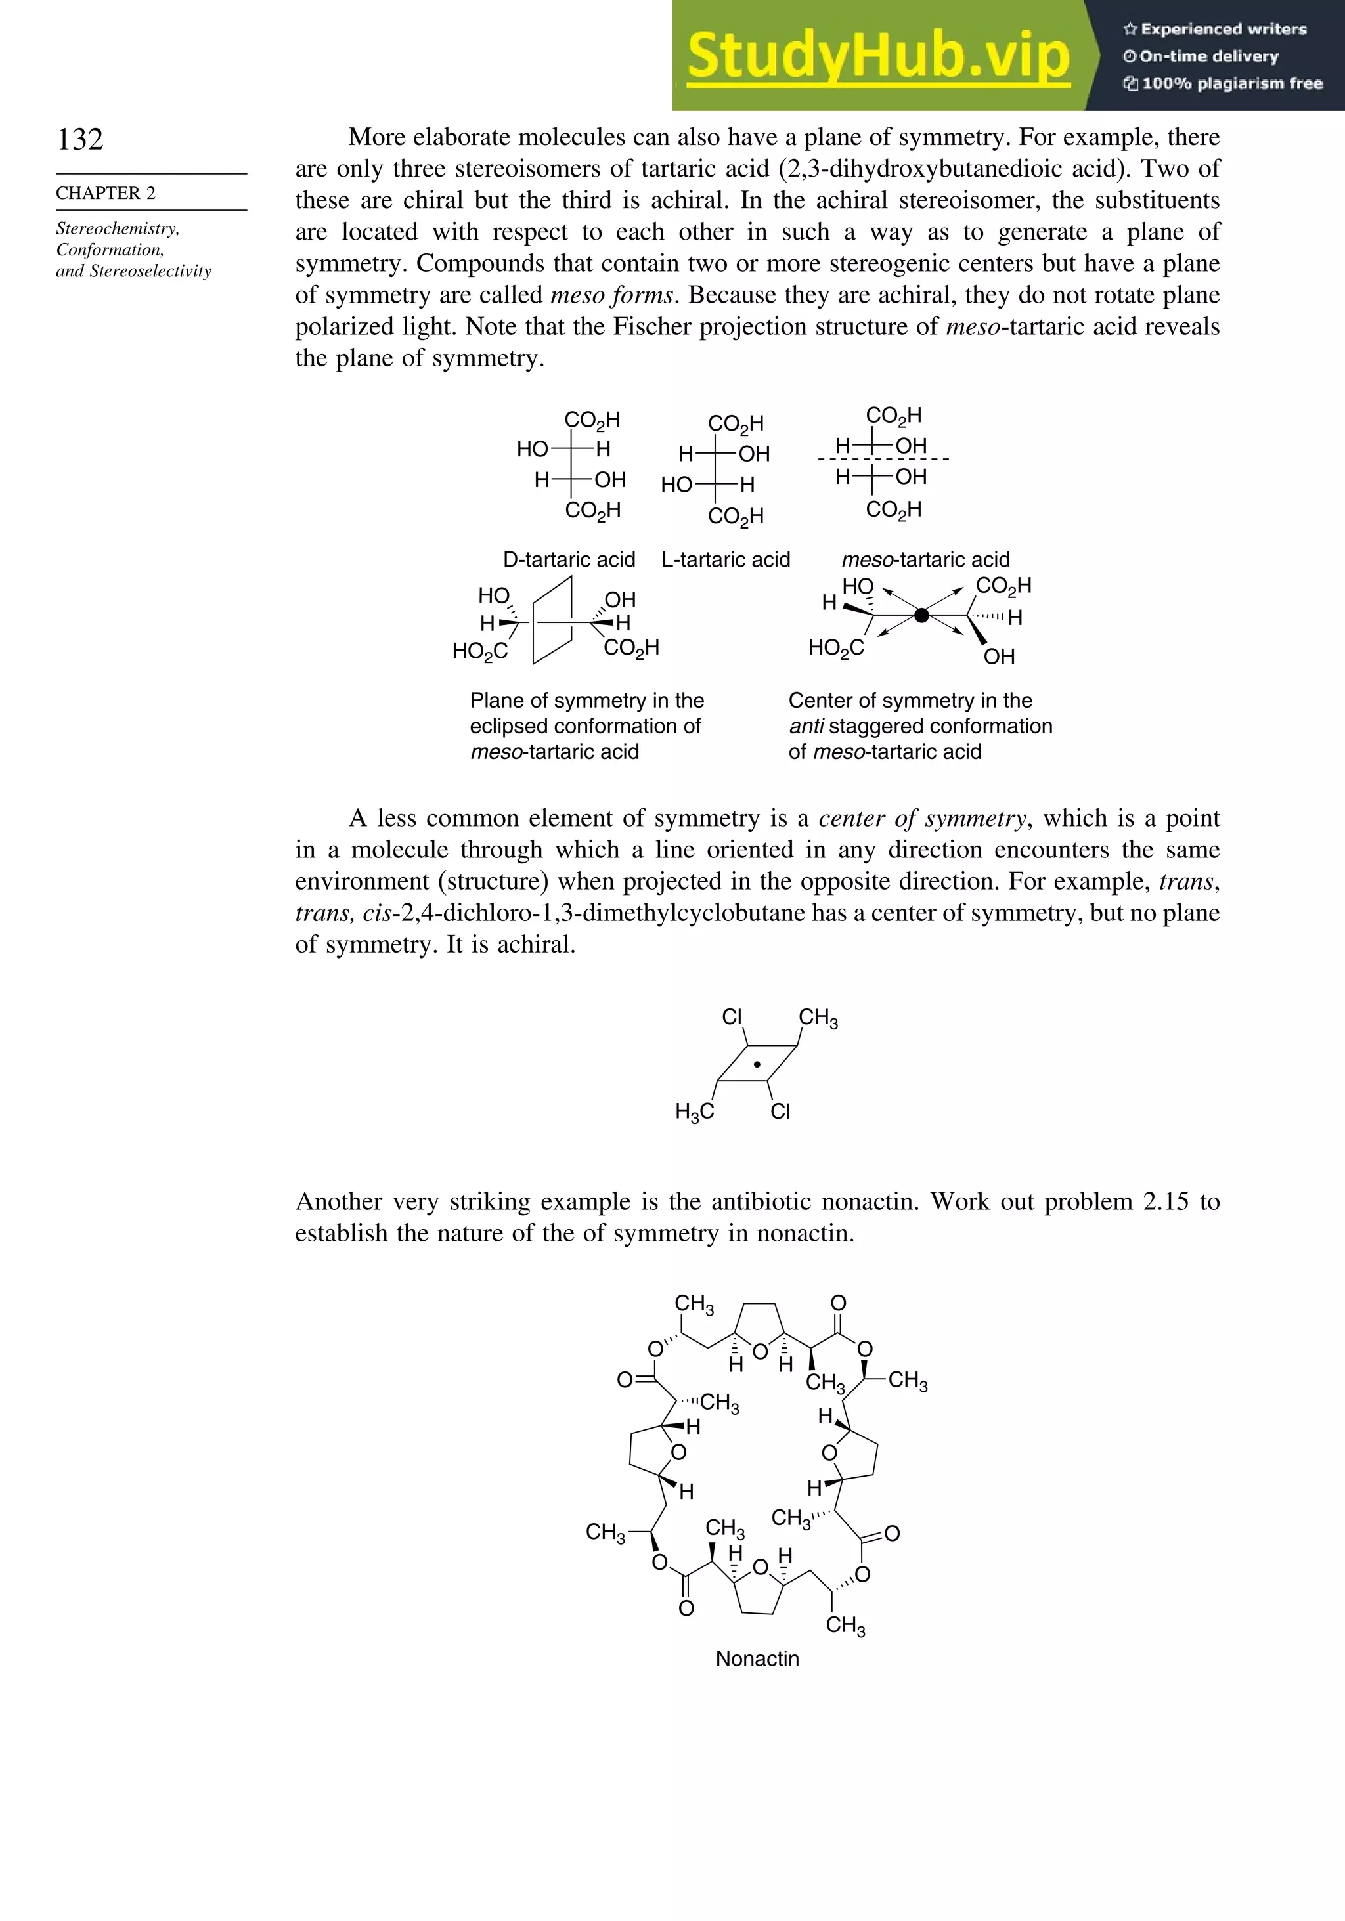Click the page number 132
[80, 139]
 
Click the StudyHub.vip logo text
[878, 56]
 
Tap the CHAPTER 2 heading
[106, 193]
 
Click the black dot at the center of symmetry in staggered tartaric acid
[921, 616]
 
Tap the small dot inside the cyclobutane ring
[757, 1065]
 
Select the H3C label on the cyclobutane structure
[695, 1111]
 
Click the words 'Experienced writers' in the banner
[1223, 30]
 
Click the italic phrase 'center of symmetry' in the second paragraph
[922, 818]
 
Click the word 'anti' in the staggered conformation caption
[806, 726]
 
